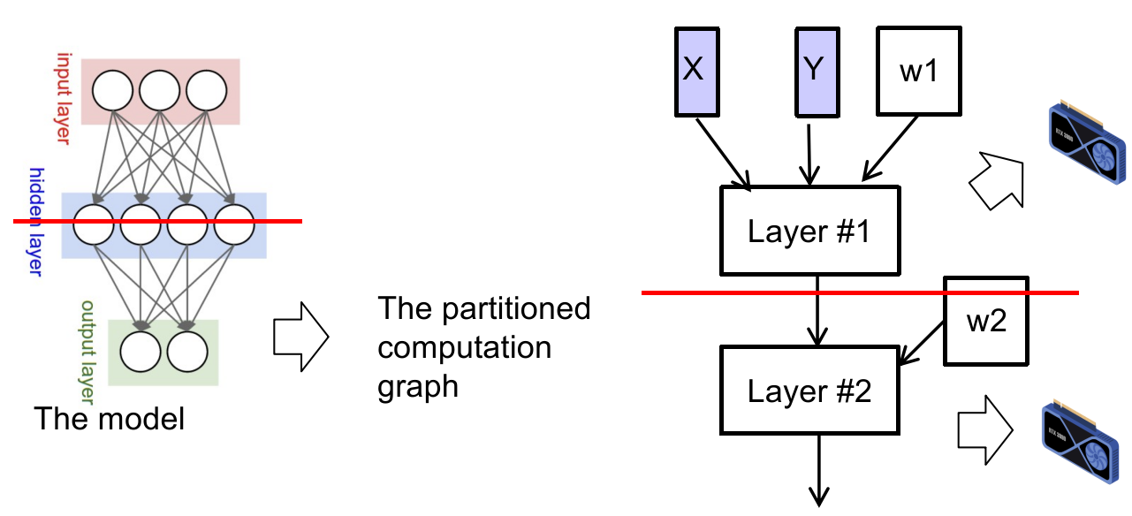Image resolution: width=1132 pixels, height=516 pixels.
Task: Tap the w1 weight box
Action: [x=918, y=72]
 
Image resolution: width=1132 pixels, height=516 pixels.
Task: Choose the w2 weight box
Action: [x=985, y=321]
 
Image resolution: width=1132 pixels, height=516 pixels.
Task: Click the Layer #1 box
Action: [x=809, y=231]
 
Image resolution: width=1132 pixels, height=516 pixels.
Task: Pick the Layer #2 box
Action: [x=809, y=390]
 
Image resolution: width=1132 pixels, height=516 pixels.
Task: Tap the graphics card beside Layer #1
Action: [x=1084, y=146]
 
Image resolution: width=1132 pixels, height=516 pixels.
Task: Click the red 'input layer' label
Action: [x=64, y=97]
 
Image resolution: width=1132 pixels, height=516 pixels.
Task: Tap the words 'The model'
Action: [x=110, y=417]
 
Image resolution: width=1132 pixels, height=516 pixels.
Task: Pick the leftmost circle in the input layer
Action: [x=112, y=90]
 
